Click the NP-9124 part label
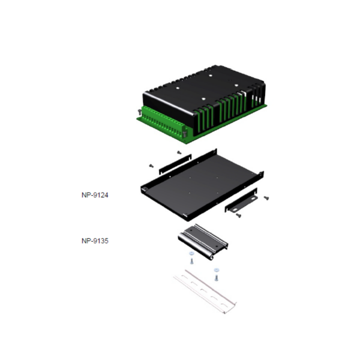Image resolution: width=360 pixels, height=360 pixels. tap(95, 195)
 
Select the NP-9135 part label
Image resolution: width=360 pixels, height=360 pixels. tap(95, 241)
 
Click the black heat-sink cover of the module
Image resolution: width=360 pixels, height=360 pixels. tap(205, 97)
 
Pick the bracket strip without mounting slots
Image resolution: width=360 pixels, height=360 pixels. tap(175, 164)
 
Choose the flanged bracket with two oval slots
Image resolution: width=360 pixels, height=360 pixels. tap(241, 200)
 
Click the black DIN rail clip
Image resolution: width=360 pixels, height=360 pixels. tap(203, 242)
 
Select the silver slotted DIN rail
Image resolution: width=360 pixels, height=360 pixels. tap(205, 292)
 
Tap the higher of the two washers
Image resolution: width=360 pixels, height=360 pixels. tap(191, 253)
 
